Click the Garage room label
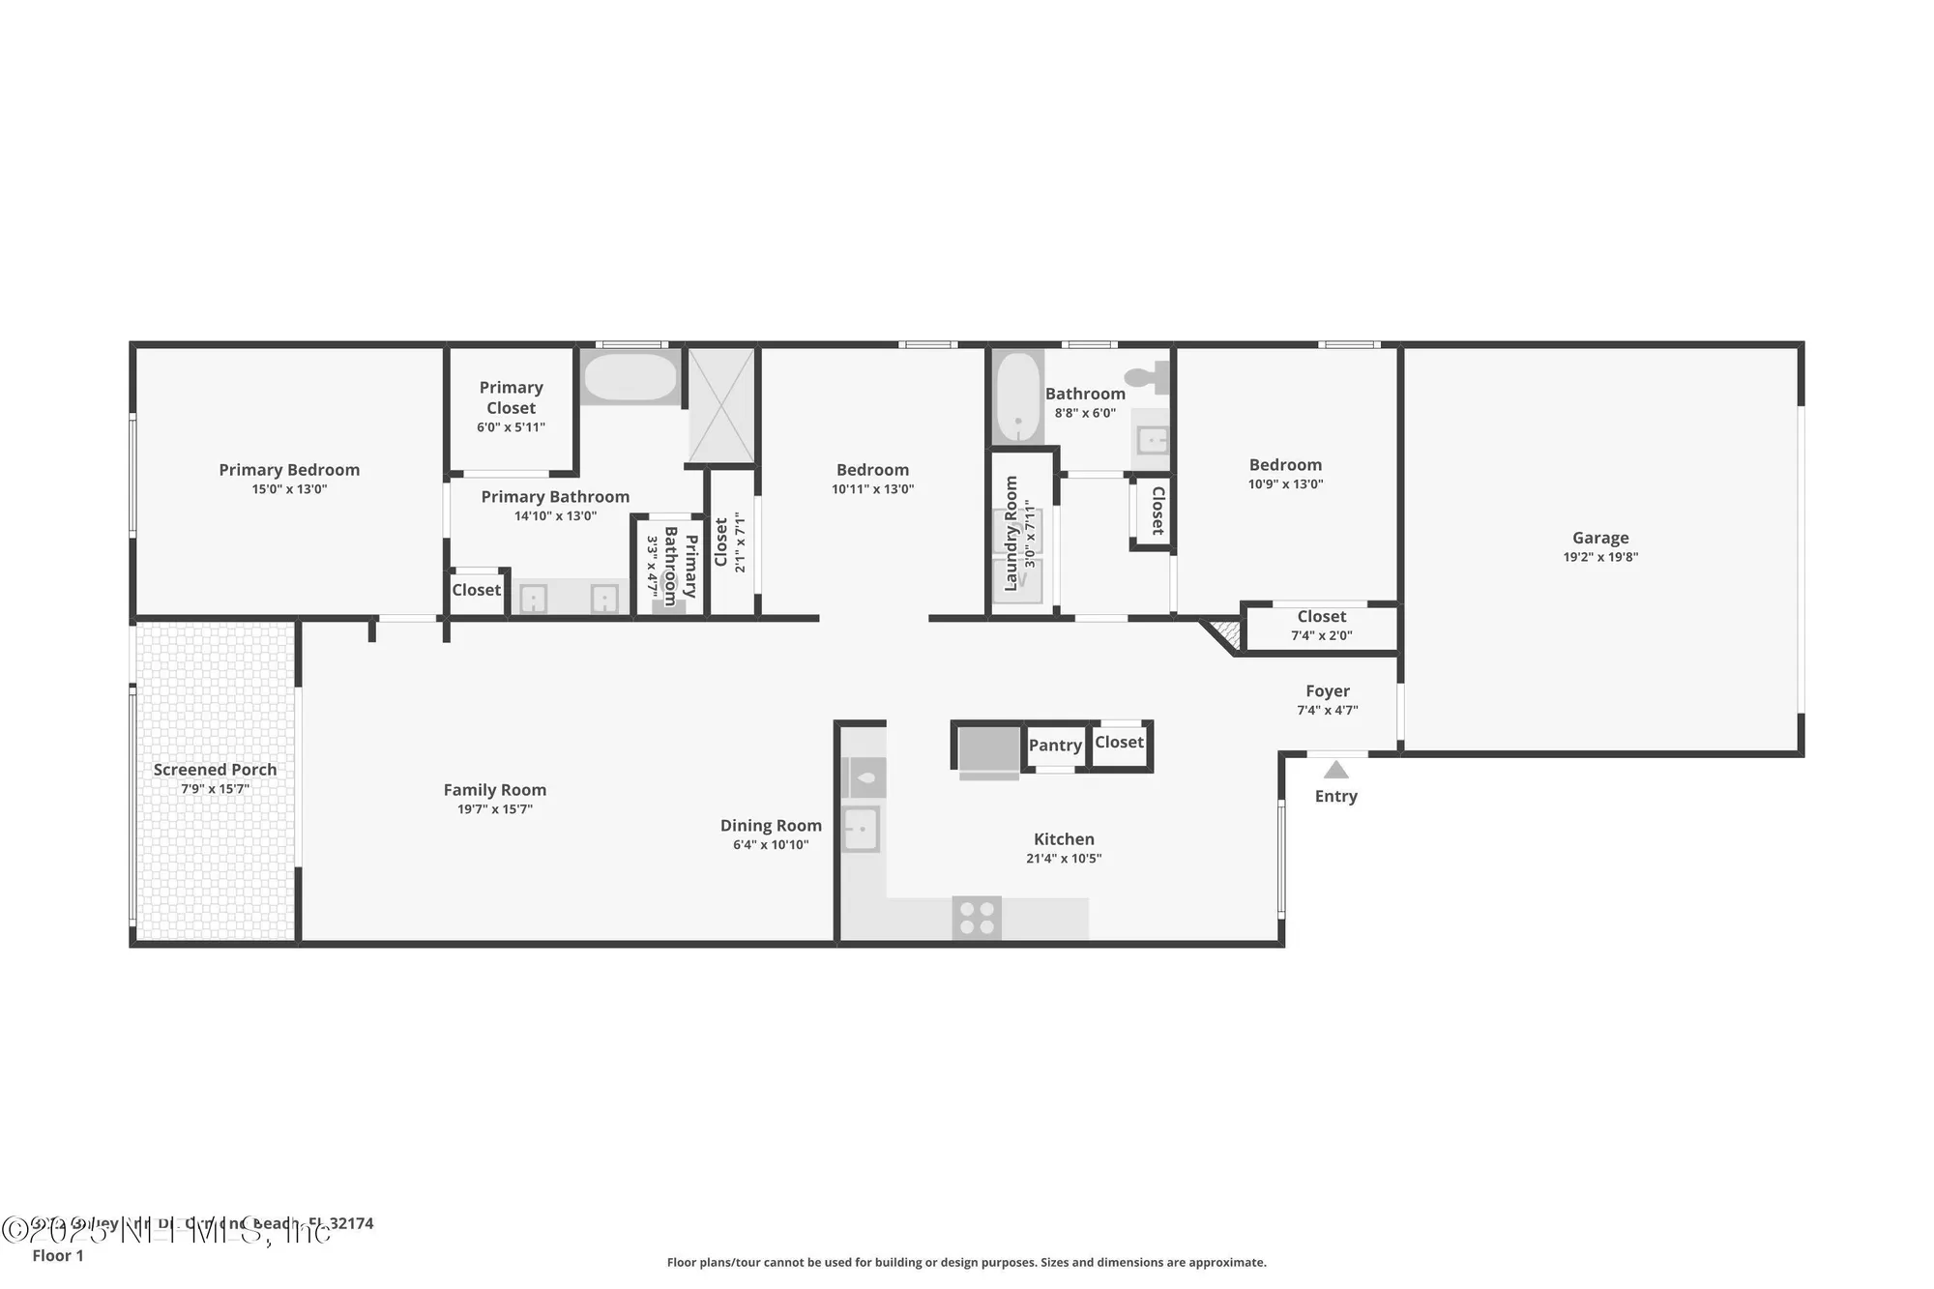(x=1599, y=538)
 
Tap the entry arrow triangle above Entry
(x=1335, y=770)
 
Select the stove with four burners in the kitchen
(x=976, y=918)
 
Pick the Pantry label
(x=1054, y=746)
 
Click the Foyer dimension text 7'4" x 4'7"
(x=1327, y=710)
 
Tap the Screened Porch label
(x=215, y=770)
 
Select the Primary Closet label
(x=511, y=397)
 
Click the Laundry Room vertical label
(x=1011, y=533)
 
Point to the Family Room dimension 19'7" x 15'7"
(x=494, y=809)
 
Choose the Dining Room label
(x=771, y=826)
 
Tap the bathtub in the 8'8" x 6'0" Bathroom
(x=1016, y=397)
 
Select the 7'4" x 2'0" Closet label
(x=1321, y=617)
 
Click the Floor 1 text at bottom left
(x=58, y=1255)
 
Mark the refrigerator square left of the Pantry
(x=988, y=748)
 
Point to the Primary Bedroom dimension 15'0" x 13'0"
(x=289, y=489)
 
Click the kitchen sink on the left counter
(x=860, y=829)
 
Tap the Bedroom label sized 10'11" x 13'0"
(x=872, y=470)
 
